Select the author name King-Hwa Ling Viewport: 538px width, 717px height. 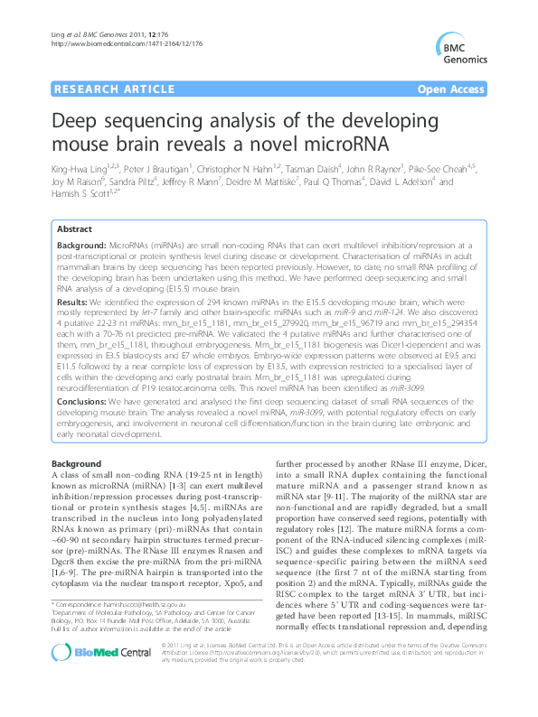pyautogui.click(x=79, y=168)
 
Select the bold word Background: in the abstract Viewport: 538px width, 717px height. pyautogui.click(x=82, y=246)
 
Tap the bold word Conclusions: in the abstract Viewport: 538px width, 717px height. pyautogui.click(x=86, y=403)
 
